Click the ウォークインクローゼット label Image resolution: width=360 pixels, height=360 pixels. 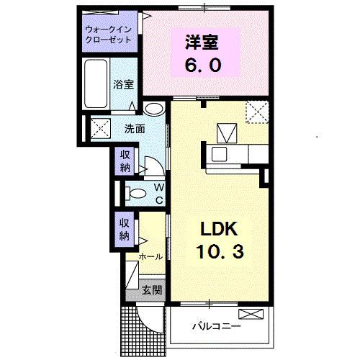(108, 34)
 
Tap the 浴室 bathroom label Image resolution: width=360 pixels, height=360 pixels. (122, 84)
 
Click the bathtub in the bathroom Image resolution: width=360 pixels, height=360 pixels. (96, 84)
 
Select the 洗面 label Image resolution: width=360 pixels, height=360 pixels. (135, 130)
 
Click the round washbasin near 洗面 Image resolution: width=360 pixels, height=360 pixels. (153, 109)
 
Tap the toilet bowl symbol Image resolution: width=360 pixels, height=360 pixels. (131, 192)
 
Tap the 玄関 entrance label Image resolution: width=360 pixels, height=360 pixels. (151, 290)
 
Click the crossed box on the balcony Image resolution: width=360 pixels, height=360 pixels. (252, 314)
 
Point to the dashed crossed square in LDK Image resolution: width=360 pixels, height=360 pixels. (257, 112)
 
